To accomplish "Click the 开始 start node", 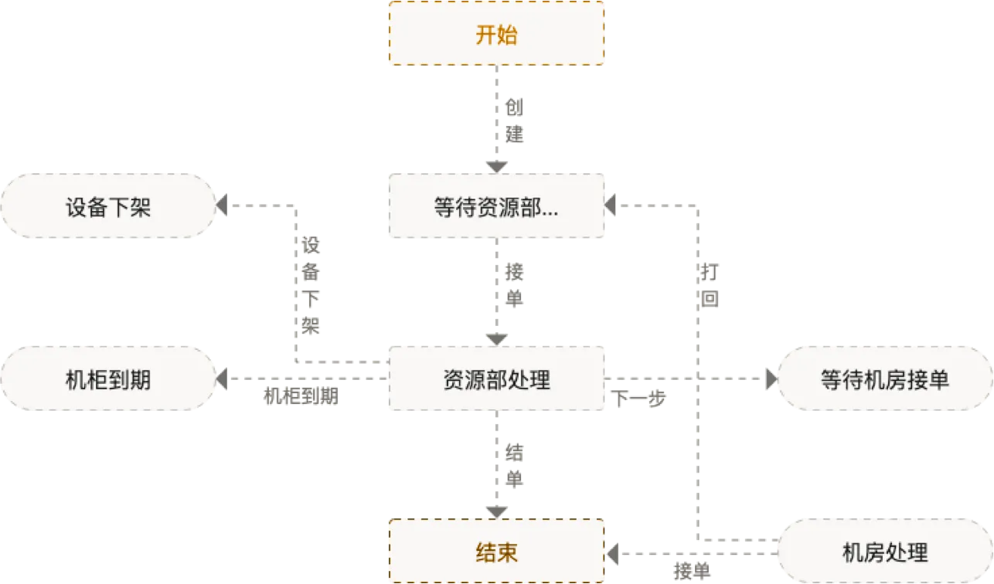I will tap(495, 34).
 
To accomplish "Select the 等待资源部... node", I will tap(495, 206).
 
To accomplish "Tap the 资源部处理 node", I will tap(495, 379).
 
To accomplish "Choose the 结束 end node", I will tap(495, 552).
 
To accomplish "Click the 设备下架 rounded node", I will tap(108, 206).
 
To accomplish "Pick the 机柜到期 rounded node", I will tap(108, 379).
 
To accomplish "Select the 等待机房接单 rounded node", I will tap(884, 379).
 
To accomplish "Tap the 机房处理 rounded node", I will tap(884, 552).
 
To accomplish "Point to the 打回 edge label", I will tap(711, 285).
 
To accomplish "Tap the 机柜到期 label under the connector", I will tap(301, 396).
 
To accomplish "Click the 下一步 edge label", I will tap(638, 400).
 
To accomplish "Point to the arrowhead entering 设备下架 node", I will tap(222, 206).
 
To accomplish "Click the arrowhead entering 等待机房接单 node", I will tap(769, 379).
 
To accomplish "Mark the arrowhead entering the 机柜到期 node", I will tap(222, 379).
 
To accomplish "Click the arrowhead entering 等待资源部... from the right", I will tap(611, 206).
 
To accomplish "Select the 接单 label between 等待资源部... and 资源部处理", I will tap(514, 285).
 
